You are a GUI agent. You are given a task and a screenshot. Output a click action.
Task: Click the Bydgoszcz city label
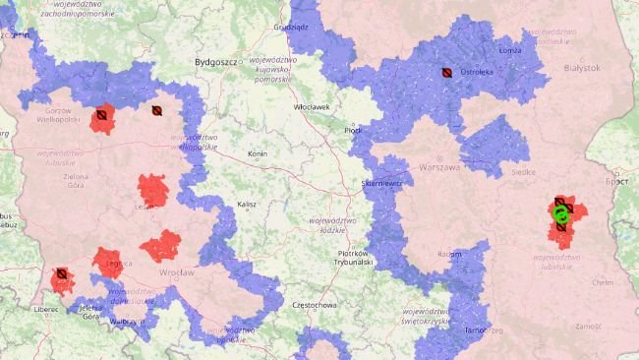click(x=218, y=61)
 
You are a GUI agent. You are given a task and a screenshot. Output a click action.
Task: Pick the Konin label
click(x=259, y=154)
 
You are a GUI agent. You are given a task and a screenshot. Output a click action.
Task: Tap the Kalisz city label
click(x=246, y=205)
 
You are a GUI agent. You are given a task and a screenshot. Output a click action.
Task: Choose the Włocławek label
click(x=313, y=106)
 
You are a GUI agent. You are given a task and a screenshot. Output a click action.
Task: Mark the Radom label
click(x=448, y=253)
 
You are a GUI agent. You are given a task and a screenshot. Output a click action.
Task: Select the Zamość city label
click(x=588, y=326)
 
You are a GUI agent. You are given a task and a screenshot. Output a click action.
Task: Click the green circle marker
click(x=561, y=212)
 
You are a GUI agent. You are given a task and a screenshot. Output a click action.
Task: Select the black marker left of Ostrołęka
click(x=446, y=72)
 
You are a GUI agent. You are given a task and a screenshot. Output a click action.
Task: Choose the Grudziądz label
click(x=292, y=28)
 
